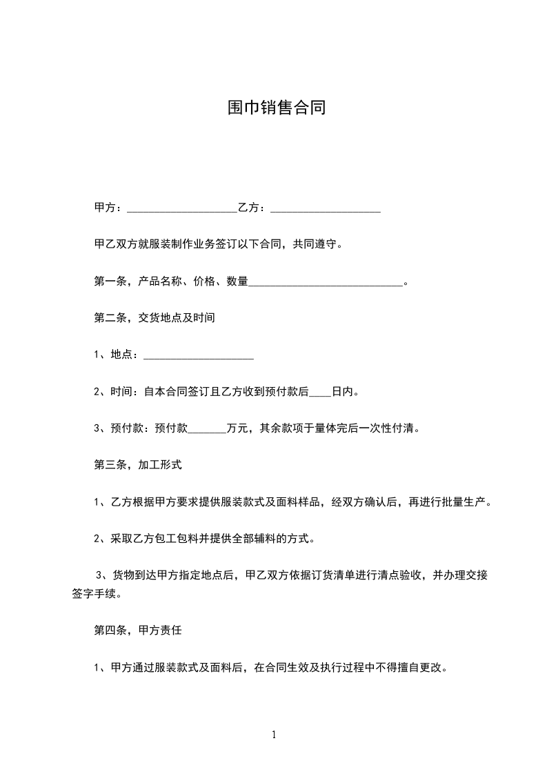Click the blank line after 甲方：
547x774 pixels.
182,208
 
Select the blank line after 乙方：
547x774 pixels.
326,208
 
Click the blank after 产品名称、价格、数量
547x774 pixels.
325,281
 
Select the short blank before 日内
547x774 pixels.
320,391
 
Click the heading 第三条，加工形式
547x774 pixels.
138,464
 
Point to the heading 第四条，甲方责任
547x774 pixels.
138,630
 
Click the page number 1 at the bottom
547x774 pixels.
274,735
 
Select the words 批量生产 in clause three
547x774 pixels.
464,502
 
